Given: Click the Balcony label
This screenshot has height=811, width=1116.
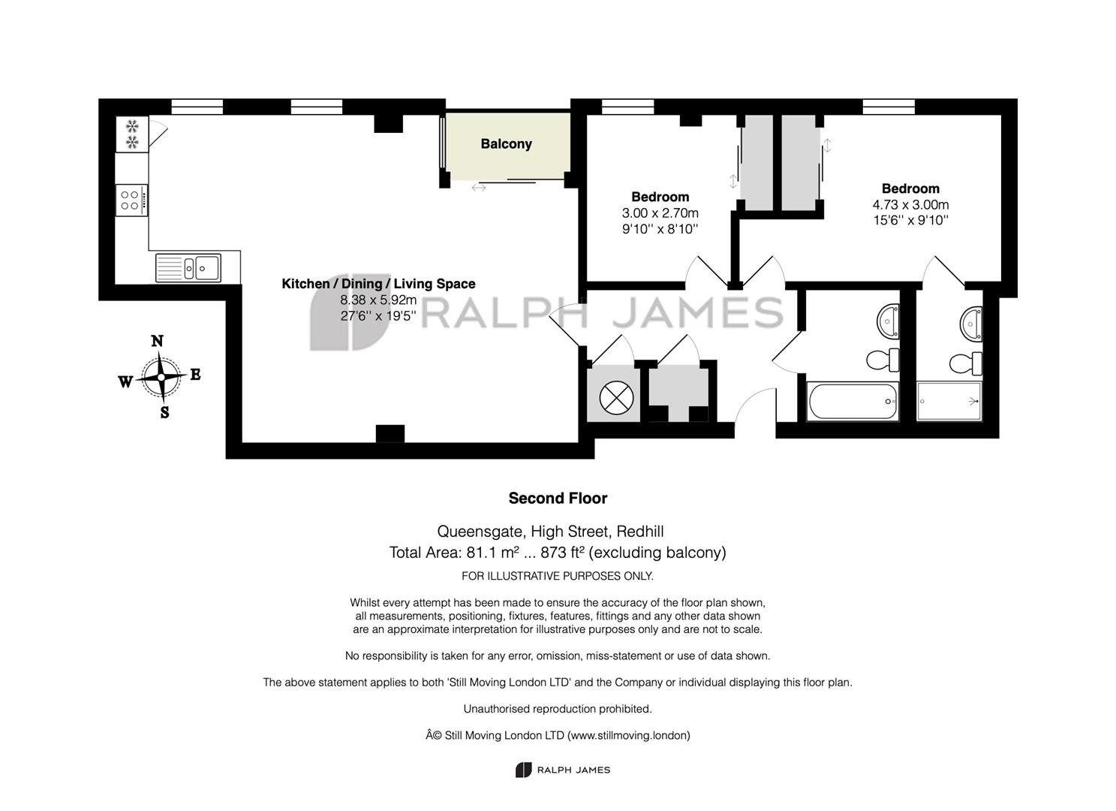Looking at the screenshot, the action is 506,144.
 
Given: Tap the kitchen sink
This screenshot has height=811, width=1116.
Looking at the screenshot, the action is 188,268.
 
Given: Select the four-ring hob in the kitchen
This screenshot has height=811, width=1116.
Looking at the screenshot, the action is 131,200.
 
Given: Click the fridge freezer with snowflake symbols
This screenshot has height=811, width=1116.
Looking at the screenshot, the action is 132,134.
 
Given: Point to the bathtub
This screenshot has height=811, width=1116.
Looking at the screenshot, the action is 853,401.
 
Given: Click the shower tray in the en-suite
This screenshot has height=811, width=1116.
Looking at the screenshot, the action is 949,401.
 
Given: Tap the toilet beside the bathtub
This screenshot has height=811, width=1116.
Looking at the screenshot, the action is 883,360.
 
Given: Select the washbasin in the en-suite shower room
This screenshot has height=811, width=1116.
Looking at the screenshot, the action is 971,324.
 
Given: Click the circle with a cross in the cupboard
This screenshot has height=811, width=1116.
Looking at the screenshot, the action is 616,398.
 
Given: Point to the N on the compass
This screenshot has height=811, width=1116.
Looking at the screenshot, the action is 157,341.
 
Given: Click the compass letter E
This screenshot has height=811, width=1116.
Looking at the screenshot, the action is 195,375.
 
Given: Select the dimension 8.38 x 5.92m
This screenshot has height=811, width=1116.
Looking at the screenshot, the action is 378,300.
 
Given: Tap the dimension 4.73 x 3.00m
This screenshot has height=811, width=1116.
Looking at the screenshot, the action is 910,205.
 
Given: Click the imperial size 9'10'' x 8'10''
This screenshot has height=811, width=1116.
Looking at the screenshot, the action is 660,229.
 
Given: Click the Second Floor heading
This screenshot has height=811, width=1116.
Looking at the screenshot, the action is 558,498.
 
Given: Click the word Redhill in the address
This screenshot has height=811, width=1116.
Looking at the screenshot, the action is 639,532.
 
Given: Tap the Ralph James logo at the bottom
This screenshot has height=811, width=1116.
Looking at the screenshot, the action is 562,770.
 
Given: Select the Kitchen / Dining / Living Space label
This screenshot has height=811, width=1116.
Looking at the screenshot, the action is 378,284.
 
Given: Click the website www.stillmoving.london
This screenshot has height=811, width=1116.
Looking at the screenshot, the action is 629,735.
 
